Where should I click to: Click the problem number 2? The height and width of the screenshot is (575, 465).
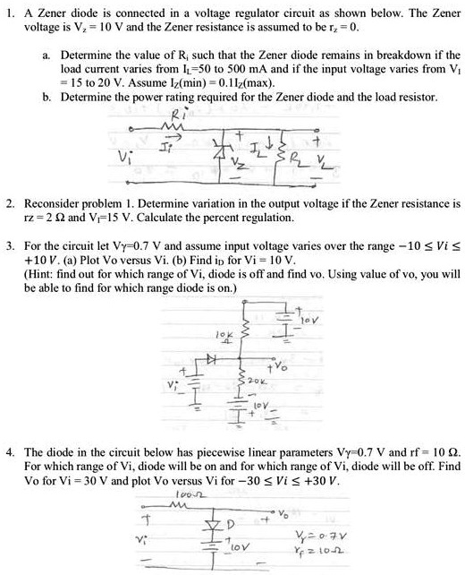tap(8, 206)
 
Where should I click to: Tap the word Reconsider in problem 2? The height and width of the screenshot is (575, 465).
tap(55, 206)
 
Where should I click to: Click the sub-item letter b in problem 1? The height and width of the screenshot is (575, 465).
tap(46, 96)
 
